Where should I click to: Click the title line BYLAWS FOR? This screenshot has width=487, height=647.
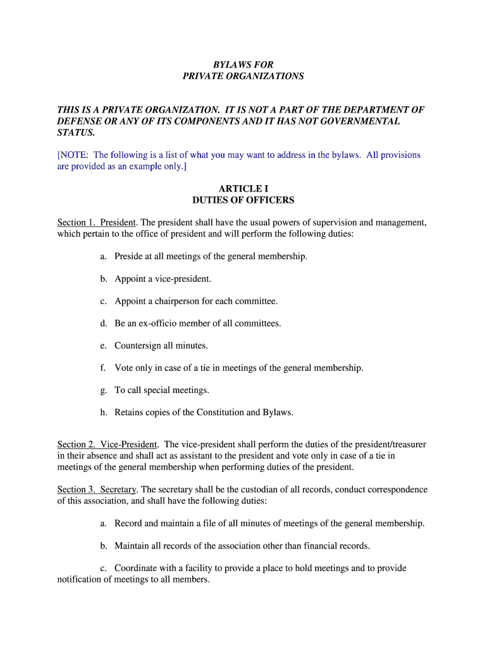pyautogui.click(x=243, y=64)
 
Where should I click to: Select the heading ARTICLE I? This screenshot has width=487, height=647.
pyautogui.click(x=243, y=189)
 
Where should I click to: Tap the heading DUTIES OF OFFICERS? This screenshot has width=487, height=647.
pyautogui.click(x=243, y=200)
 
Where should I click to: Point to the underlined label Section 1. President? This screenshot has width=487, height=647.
pyautogui.click(x=97, y=222)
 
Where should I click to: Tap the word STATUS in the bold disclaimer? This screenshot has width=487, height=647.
pyautogui.click(x=76, y=133)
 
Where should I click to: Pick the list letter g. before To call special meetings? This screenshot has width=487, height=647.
pyautogui.click(x=103, y=390)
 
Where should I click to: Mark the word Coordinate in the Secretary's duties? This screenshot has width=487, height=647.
pyautogui.click(x=136, y=568)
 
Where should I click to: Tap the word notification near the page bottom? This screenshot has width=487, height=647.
pyautogui.click(x=82, y=579)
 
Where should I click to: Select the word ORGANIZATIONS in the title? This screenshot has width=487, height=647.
pyautogui.click(x=265, y=76)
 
